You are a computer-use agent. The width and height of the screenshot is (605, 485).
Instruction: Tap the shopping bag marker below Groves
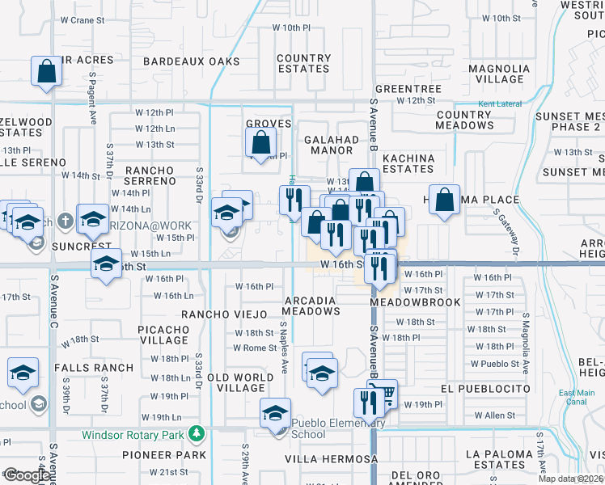(x=261, y=144)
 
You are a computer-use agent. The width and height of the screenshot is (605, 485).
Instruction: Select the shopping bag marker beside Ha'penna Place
(x=444, y=200)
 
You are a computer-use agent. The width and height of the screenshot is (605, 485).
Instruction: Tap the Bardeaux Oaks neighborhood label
(x=192, y=61)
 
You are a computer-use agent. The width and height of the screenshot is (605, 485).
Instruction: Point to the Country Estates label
(x=303, y=64)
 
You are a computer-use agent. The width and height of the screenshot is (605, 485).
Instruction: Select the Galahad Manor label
(x=331, y=145)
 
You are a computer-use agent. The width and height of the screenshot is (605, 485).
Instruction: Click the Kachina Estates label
(x=408, y=163)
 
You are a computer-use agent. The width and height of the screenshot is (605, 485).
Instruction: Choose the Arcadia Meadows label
(x=310, y=306)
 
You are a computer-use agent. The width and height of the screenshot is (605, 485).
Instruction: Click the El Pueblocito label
(x=486, y=389)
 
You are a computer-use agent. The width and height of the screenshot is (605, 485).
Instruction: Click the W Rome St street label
(x=255, y=348)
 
